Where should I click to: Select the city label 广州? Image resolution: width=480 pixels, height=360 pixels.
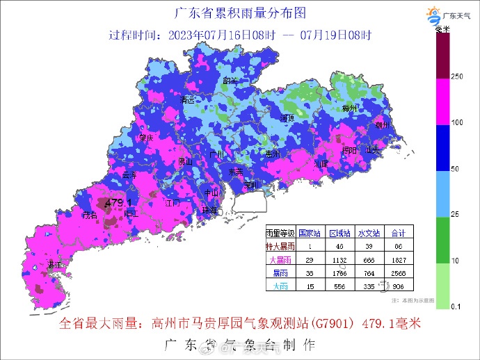(217, 154)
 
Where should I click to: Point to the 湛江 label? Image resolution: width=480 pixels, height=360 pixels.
(54, 265)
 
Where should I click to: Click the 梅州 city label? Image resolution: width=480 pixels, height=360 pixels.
(349, 109)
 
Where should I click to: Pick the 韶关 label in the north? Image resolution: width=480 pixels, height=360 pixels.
(229, 81)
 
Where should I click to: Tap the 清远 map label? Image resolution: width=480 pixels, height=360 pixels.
(186, 100)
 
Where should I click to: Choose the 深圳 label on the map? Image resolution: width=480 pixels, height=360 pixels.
(251, 185)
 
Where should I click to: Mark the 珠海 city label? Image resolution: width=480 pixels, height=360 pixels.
(209, 210)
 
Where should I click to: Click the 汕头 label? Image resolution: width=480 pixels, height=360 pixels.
(374, 149)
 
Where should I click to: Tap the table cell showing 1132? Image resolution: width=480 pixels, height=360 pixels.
(338, 259)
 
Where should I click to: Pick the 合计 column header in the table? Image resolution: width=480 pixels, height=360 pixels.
(399, 233)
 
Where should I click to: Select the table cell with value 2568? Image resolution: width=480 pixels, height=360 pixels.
(399, 272)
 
